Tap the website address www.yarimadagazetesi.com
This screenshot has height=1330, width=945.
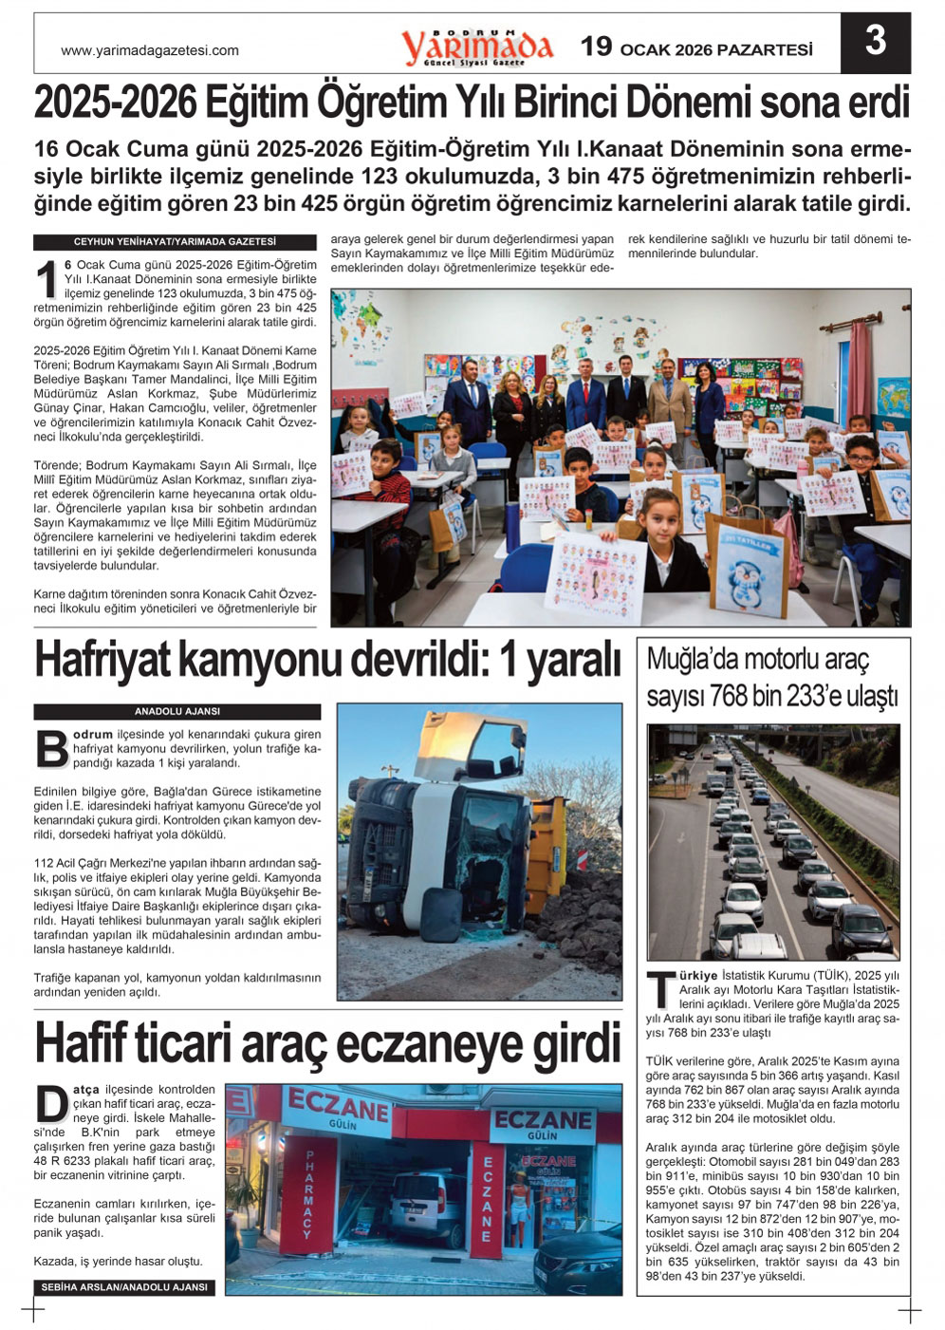[x=150, y=51]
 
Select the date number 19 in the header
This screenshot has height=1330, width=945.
[x=597, y=47]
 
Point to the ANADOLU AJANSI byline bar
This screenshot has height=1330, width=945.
[x=176, y=711]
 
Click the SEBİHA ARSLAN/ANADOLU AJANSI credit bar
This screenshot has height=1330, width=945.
[x=123, y=1287]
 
